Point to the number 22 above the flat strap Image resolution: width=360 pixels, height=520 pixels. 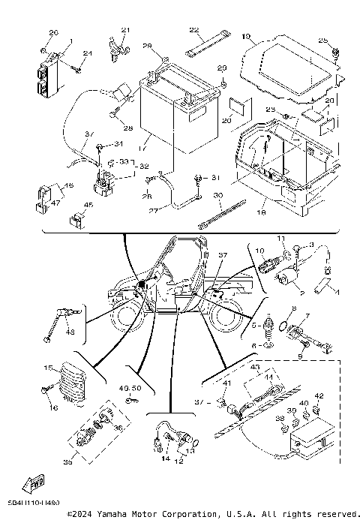click(x=193, y=30)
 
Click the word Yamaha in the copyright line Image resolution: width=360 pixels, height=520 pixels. click(x=109, y=514)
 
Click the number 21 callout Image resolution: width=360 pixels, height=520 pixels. click(x=125, y=30)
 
